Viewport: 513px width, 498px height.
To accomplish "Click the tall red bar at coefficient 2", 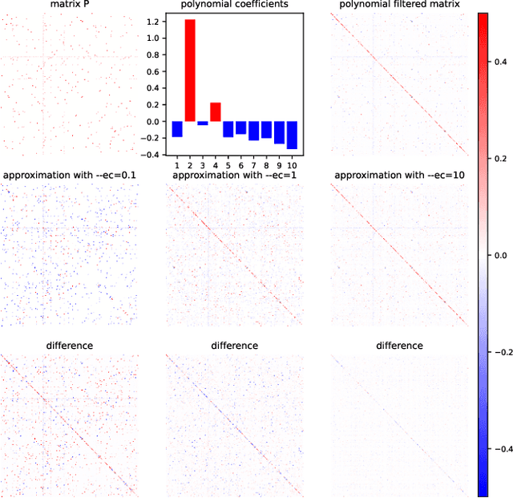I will (x=190, y=71).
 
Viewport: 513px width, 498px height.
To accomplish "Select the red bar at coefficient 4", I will (x=215, y=112).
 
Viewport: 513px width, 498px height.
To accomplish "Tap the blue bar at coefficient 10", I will (x=292, y=135).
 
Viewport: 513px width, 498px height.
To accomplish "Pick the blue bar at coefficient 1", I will (x=177, y=128).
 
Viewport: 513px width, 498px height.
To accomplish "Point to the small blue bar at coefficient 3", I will (x=203, y=123).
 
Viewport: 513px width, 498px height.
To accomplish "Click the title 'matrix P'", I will (x=69, y=5).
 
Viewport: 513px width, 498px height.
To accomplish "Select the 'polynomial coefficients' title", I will (x=234, y=5).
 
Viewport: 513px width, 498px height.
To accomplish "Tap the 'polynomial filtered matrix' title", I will (x=399, y=5).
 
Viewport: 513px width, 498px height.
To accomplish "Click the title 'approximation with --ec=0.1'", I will (x=69, y=175).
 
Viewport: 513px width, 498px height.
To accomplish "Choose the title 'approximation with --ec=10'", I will (x=399, y=175).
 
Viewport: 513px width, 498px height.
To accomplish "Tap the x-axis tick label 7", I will (x=253, y=164).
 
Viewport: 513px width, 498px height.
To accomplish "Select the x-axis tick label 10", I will (x=292, y=164).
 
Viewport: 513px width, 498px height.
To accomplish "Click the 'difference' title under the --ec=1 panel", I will (x=234, y=345).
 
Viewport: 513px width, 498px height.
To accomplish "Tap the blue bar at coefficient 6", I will (x=240, y=128).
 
